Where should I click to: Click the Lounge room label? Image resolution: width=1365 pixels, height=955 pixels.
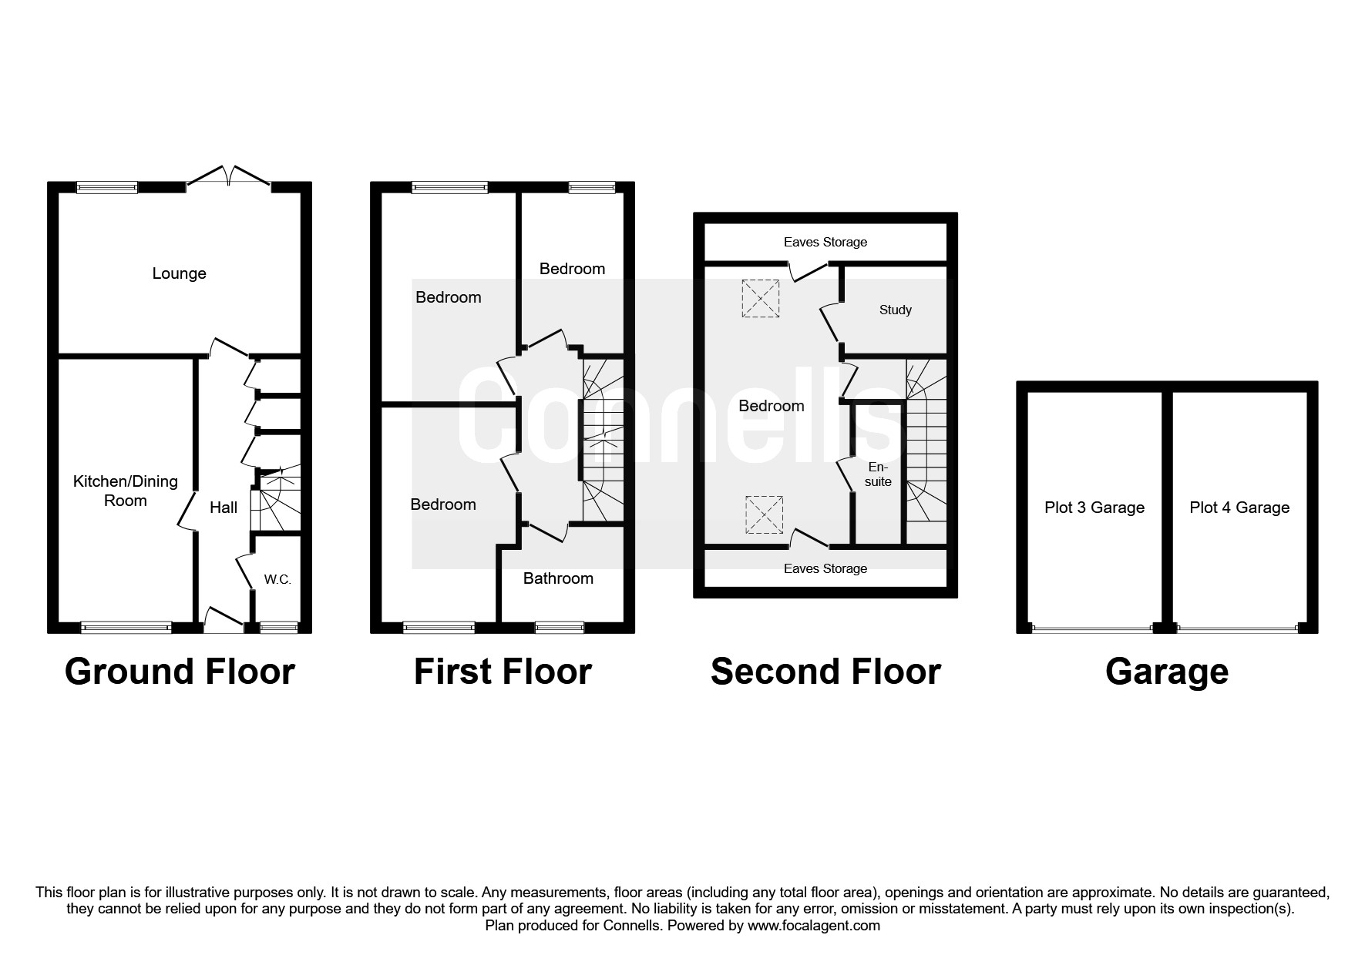coord(179,273)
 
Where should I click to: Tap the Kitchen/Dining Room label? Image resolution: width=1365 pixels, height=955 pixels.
coord(125,491)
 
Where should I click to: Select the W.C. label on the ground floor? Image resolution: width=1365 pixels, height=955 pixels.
coord(277,579)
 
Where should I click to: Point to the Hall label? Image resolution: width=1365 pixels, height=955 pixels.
coord(224,508)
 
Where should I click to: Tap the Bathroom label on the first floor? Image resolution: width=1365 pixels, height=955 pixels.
coord(558,578)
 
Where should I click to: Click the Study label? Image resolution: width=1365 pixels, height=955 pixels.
coord(895,310)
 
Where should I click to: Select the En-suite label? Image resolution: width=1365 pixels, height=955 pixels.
coord(878,474)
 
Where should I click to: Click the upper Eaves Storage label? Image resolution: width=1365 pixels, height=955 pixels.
coord(825,242)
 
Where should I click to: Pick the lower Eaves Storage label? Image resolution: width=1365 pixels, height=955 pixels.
coord(825,568)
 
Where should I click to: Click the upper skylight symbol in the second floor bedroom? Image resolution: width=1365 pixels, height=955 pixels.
coord(760,298)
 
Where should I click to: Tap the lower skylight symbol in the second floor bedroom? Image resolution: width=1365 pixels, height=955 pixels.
coord(764,515)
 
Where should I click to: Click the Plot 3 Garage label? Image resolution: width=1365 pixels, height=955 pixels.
coord(1094,508)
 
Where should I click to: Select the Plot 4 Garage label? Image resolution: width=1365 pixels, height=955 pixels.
coord(1239,508)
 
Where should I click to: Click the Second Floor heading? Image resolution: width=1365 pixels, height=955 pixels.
coord(825,672)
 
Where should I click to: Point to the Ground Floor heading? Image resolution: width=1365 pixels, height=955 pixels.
coord(180,672)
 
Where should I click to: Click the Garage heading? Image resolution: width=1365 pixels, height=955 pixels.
coord(1166,672)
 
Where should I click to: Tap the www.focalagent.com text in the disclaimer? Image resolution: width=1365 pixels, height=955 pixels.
coord(813,926)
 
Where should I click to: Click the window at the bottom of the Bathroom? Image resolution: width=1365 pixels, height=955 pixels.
coord(560,628)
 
